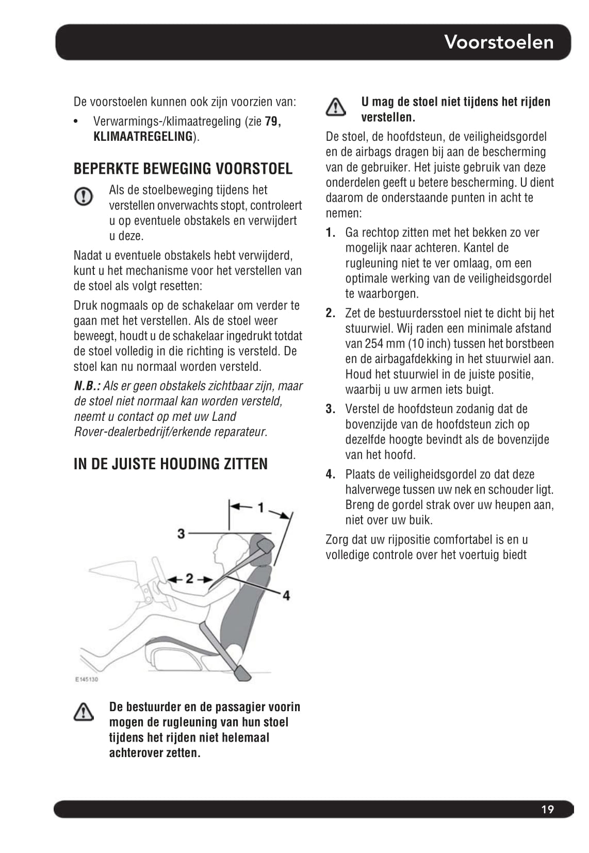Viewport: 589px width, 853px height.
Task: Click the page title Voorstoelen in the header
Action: (499, 42)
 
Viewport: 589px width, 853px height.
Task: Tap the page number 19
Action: (547, 809)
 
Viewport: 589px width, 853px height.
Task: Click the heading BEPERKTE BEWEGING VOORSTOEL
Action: (183, 169)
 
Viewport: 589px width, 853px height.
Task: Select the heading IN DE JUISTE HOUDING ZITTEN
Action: (170, 464)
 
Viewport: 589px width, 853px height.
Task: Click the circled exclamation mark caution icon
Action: (84, 196)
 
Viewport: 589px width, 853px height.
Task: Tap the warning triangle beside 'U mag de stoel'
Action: (336, 107)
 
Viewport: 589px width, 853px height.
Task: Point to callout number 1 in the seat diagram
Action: (261, 507)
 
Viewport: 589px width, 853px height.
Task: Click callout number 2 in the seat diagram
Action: (189, 579)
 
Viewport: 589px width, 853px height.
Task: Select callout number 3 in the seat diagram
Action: (181, 533)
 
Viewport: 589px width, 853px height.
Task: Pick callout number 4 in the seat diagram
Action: (286, 595)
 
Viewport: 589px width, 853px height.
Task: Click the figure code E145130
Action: (86, 679)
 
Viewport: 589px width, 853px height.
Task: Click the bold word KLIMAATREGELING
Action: (143, 137)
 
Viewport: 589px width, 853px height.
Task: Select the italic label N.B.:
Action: (87, 386)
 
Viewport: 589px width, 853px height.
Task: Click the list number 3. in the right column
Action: (331, 409)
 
